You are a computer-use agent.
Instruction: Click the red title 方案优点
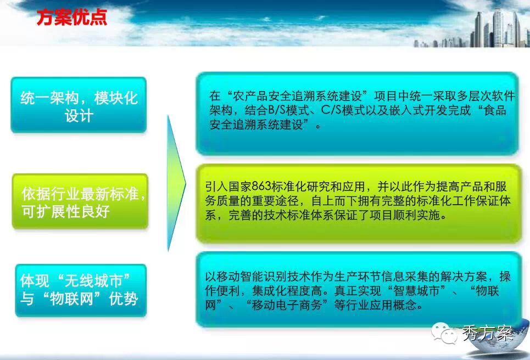(71, 17)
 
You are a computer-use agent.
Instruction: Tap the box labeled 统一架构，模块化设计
(79, 105)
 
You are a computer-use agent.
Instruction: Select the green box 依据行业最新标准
(80, 201)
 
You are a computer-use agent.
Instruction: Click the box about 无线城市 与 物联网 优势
(81, 290)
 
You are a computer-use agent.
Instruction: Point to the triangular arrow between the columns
(176, 183)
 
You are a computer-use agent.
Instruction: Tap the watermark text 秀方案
(487, 333)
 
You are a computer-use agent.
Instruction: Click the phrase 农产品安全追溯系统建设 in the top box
(298, 96)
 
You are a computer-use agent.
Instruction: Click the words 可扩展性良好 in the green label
(65, 211)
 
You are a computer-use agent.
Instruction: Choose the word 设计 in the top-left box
(79, 116)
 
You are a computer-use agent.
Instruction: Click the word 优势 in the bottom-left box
(124, 299)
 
